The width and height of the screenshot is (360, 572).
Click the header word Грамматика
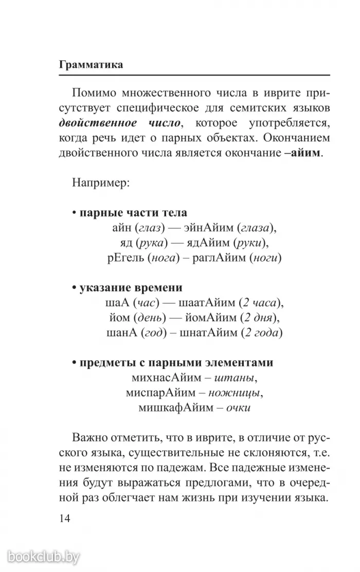(91, 66)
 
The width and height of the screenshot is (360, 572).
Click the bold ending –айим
(303, 154)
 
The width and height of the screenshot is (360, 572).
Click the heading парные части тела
(132, 213)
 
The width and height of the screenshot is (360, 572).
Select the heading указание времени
(130, 288)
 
